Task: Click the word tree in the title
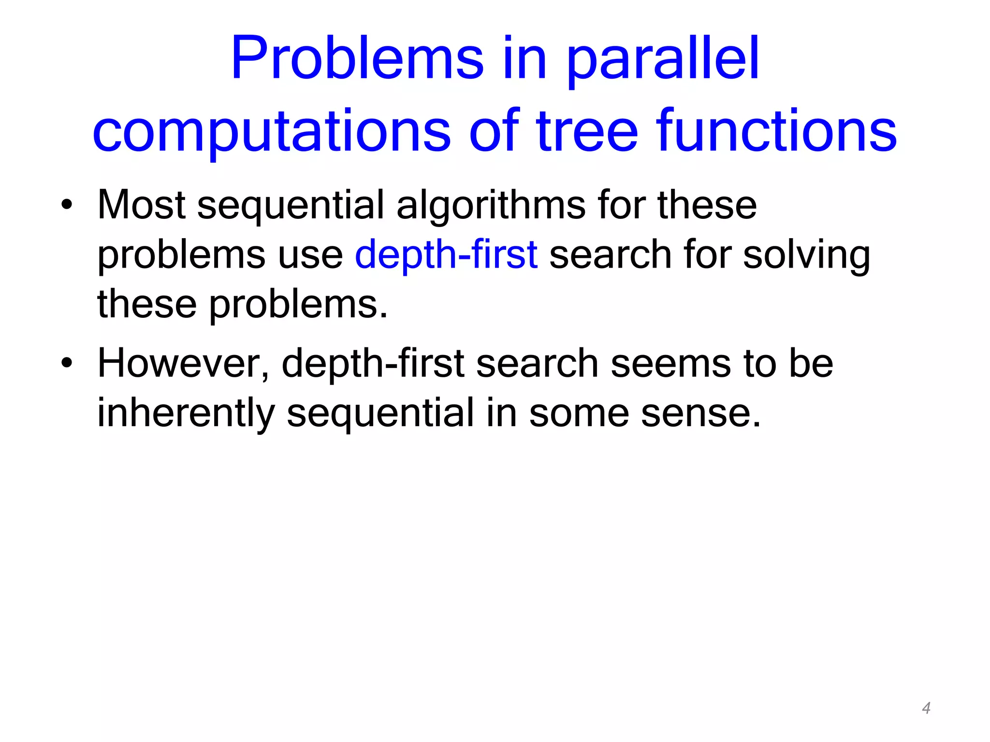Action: tap(587, 131)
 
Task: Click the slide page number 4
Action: tap(926, 708)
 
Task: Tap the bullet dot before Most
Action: tap(67, 206)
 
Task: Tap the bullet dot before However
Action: tap(67, 363)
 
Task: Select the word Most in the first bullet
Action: tap(141, 206)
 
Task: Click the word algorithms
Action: tap(490, 206)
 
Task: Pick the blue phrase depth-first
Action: tap(446, 255)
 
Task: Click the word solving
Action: tap(806, 255)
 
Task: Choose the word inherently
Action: tap(186, 414)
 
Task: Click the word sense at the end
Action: tap(700, 414)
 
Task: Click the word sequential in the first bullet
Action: tap(290, 206)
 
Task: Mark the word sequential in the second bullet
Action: tap(380, 414)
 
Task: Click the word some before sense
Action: tap(579, 414)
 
